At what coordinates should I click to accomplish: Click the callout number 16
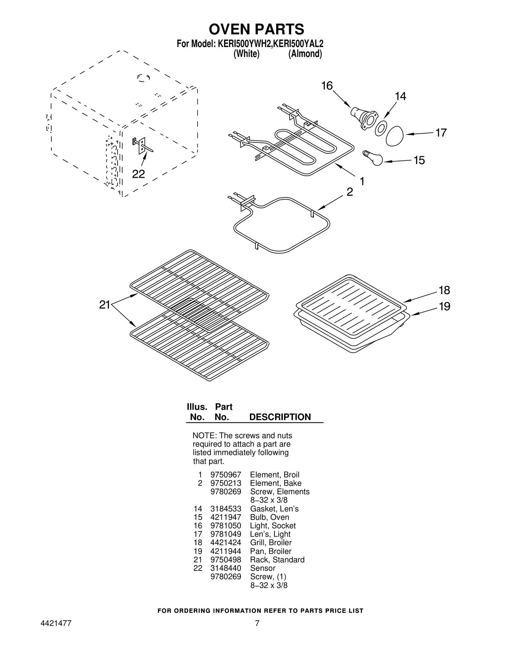pos(327,86)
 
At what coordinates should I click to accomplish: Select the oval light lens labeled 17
pos(395,136)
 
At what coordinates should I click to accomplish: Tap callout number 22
pos(139,174)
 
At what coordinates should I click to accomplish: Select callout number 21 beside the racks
pos(105,305)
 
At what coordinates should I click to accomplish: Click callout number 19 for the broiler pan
pos(444,307)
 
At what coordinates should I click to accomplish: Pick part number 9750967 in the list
pos(226,475)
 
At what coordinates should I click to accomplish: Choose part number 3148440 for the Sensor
pos(226,568)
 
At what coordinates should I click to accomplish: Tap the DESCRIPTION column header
pos(280,417)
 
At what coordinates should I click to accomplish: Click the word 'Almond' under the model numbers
pos(305,54)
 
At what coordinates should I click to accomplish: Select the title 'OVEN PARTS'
pos(256,29)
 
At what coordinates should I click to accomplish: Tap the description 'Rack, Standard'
pos(277,560)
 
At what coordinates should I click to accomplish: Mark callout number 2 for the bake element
pos(350,192)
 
